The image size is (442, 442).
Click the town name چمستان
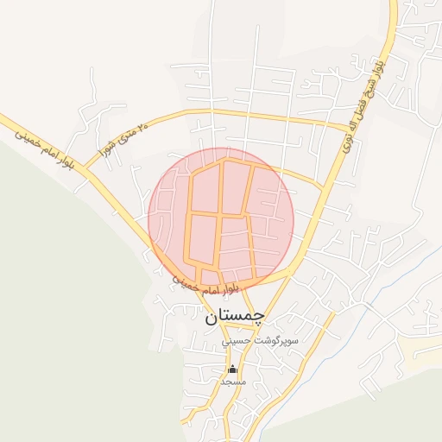pyautogui.click(x=235, y=317)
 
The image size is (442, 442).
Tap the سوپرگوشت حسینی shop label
pyautogui.click(x=260, y=341)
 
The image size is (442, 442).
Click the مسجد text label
pyautogui.click(x=232, y=381)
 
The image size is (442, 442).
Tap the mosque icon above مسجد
pyautogui.click(x=232, y=369)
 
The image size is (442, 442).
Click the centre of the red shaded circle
pyautogui.click(x=221, y=221)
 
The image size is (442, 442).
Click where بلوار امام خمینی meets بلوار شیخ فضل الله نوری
pyautogui.click(x=292, y=268)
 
